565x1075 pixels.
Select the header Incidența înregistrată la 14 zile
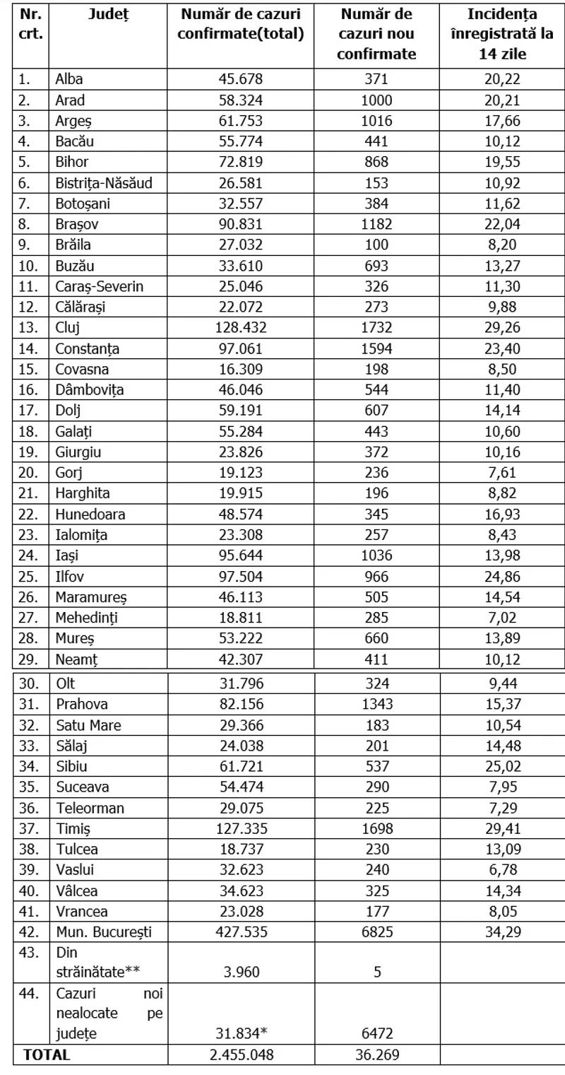[502, 33]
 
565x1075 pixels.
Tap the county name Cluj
[68, 329]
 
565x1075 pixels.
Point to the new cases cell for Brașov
[376, 225]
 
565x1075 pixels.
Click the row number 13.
[25, 329]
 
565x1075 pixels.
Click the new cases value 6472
[376, 1034]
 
